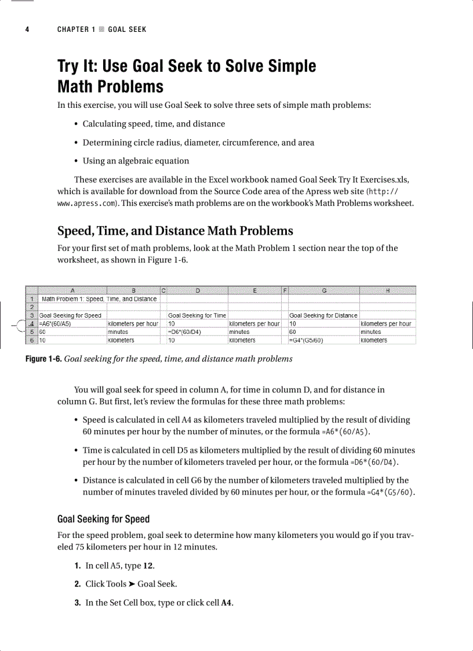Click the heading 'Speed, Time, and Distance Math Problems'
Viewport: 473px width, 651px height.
(175, 231)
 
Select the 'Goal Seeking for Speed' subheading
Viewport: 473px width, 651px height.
(103, 519)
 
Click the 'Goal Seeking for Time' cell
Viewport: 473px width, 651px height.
(197, 315)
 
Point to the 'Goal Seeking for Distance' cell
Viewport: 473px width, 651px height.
(323, 315)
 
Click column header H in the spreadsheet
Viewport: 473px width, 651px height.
(387, 290)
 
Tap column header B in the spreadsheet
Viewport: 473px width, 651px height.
(133, 290)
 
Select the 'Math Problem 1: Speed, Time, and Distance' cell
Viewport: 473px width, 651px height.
(99, 299)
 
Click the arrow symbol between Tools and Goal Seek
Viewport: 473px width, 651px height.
(132, 584)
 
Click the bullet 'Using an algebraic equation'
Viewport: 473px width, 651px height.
(136, 161)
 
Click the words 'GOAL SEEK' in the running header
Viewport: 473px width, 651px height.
(127, 30)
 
